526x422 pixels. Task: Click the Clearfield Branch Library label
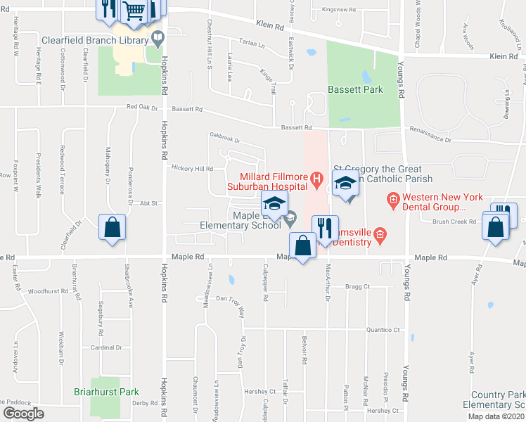pyautogui.click(x=96, y=40)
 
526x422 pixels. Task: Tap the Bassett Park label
pyautogui.click(x=354, y=90)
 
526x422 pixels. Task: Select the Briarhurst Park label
pyautogui.click(x=106, y=392)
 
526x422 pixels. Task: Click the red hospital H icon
pyautogui.click(x=316, y=180)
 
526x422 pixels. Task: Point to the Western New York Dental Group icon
pyautogui.click(x=392, y=202)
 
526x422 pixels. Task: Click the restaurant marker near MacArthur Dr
pyautogui.click(x=323, y=227)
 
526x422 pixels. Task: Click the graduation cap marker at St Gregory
pyautogui.click(x=345, y=184)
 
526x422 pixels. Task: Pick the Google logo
pyautogui.click(x=23, y=414)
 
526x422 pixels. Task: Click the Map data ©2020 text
pyautogui.click(x=496, y=416)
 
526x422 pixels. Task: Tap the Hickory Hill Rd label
pyautogui.click(x=192, y=169)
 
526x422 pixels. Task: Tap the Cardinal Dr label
pyautogui.click(x=107, y=347)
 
